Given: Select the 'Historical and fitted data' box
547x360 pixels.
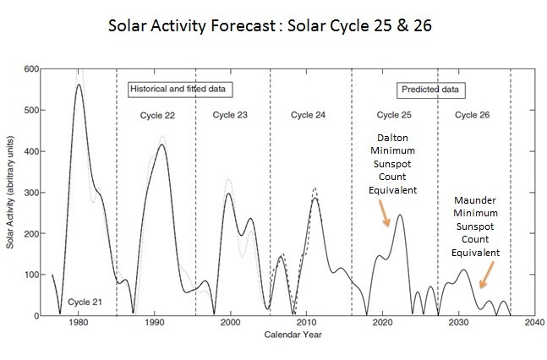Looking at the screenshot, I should (x=181, y=88).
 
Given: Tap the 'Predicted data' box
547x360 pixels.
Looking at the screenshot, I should (x=431, y=88).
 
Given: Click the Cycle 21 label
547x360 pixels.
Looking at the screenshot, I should (x=85, y=302).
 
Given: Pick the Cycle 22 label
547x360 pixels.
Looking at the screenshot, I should (x=156, y=115).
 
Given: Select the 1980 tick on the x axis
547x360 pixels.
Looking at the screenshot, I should (x=79, y=324).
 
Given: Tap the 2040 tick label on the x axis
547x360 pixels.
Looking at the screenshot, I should (x=533, y=324).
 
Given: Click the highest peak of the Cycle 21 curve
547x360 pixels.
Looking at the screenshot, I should (x=79, y=85).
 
